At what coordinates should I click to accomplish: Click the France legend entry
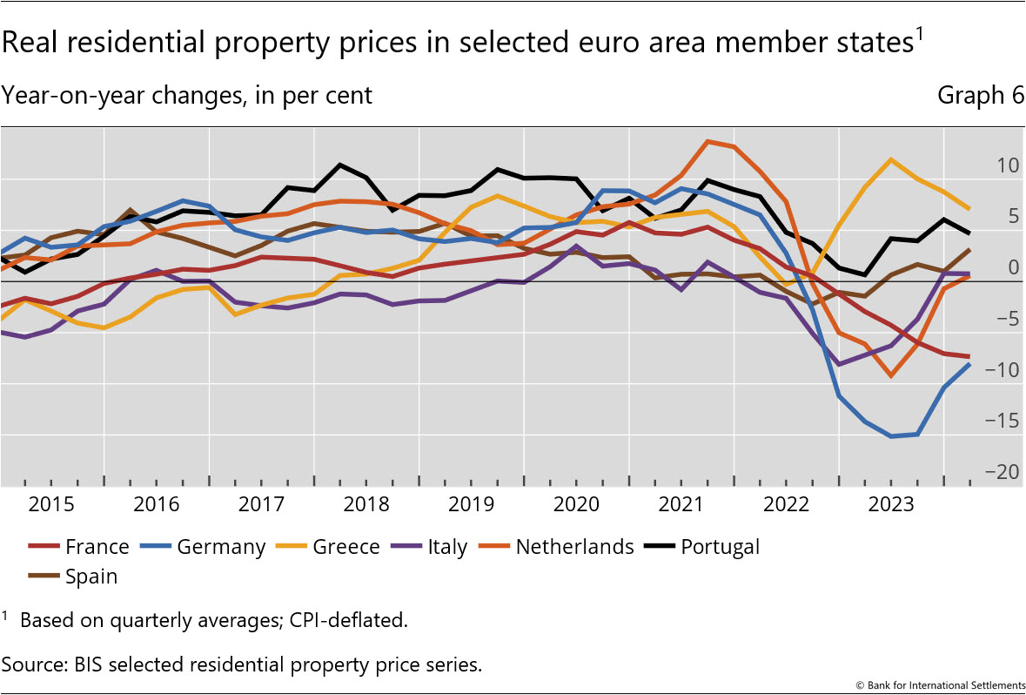coord(97,547)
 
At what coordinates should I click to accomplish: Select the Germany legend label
coord(220,547)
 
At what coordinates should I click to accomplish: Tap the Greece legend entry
coord(345,547)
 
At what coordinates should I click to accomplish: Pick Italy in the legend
coord(447,547)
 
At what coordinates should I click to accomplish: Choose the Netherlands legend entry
coord(574,547)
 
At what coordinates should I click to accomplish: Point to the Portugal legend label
coord(720,547)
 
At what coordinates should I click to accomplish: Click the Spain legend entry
coord(91,576)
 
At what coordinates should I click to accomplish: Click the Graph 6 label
coord(980,96)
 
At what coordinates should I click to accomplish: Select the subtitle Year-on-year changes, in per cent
coord(186,96)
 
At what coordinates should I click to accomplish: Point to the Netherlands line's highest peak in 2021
coord(708,141)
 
